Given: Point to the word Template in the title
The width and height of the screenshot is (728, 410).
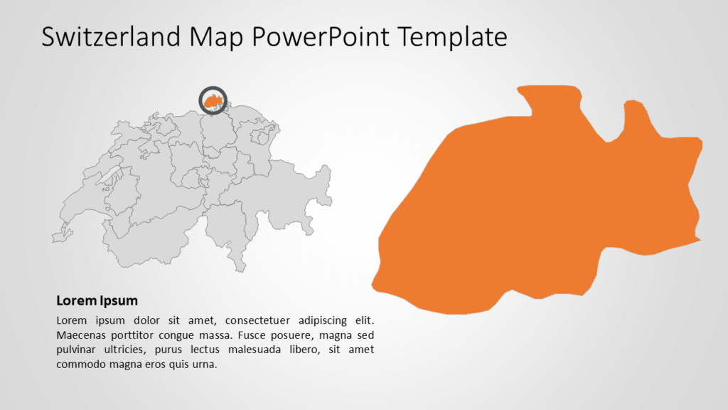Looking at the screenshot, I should click(x=456, y=36).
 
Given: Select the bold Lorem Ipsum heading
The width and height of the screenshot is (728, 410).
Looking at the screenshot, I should click(x=97, y=300).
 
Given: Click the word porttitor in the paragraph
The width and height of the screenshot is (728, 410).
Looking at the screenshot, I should click(x=139, y=335).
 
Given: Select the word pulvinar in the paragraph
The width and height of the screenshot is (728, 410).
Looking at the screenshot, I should click(x=78, y=349).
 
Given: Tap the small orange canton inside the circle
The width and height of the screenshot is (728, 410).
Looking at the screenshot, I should click(x=212, y=102).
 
